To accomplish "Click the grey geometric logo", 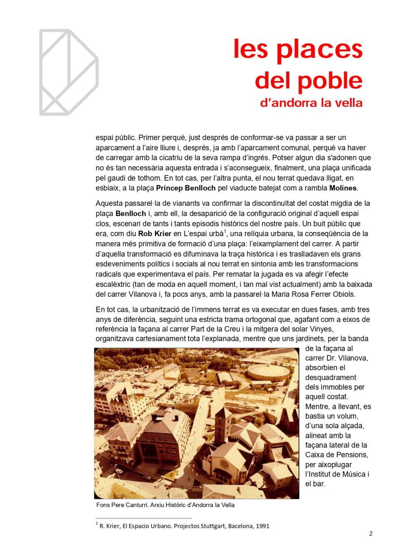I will coord(68,72).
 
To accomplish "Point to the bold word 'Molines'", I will coord(344,188).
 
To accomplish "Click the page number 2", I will coord(370,534).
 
